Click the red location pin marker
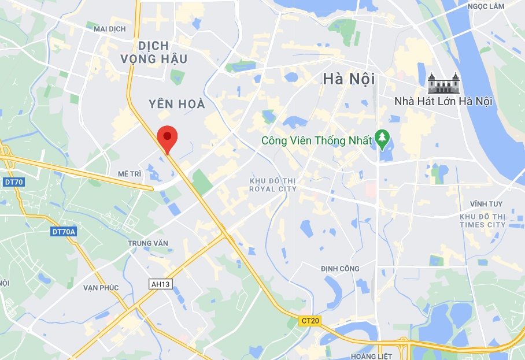167,137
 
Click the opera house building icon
443,83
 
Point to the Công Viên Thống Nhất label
316,140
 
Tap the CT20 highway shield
310,320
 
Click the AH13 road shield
161,284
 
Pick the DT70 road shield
13,182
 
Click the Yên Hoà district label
176,104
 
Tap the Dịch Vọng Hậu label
154,52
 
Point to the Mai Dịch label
109,28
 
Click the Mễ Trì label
130,173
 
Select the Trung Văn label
148,243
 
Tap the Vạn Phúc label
101,288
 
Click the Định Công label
340,269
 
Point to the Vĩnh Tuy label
486,204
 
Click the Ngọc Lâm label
486,6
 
